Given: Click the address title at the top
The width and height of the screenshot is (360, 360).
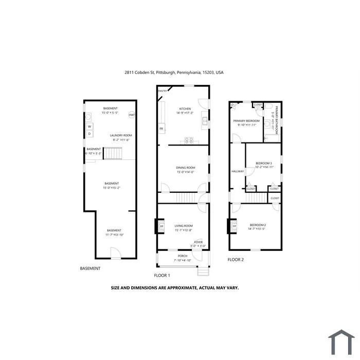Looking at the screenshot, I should pyautogui.click(x=174, y=73).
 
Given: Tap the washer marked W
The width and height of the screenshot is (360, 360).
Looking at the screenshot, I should pyautogui.click(x=89, y=125).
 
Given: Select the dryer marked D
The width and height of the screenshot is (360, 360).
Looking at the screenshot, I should pyautogui.click(x=89, y=134).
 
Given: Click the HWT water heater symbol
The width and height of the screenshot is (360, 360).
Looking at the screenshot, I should pyautogui.click(x=132, y=115).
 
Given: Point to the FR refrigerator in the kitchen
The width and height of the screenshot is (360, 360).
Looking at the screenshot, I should pyautogui.click(x=161, y=128).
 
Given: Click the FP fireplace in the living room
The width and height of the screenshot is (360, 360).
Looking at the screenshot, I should pyautogui.click(x=161, y=226).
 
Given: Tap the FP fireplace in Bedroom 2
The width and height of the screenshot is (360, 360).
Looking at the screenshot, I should pyautogui.click(x=234, y=226).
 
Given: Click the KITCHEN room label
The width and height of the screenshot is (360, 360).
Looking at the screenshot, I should pyautogui.click(x=185, y=109).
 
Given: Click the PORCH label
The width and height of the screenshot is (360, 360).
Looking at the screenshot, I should pyautogui.click(x=183, y=256).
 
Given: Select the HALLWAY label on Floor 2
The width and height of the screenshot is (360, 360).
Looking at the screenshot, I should pyautogui.click(x=238, y=171).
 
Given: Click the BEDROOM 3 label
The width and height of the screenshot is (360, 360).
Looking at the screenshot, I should pyautogui.click(x=264, y=164).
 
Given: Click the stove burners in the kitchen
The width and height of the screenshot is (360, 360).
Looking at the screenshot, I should pyautogui.click(x=188, y=140).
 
